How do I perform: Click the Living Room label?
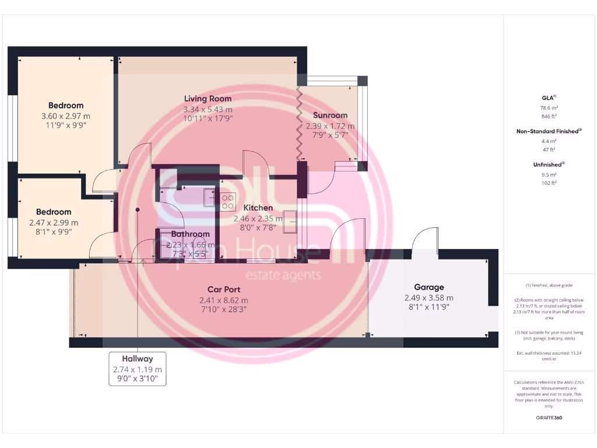(208, 99)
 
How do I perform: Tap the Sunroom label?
(330, 115)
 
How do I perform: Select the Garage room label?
(429, 287)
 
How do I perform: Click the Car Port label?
(224, 289)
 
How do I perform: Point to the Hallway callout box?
(138, 369)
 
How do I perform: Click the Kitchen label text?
(258, 208)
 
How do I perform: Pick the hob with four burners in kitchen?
(227, 202)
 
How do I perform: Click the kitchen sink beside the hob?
(209, 198)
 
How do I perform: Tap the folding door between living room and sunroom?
(299, 125)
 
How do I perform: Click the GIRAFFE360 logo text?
(548, 418)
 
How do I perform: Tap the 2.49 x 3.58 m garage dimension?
(429, 297)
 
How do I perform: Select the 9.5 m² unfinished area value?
(548, 174)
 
